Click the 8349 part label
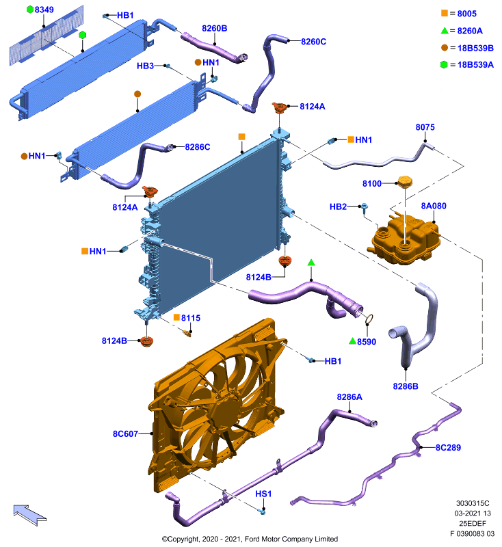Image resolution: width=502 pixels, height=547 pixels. pyautogui.click(x=44, y=10)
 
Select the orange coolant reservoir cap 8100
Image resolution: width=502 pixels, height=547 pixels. pyautogui.click(x=405, y=182)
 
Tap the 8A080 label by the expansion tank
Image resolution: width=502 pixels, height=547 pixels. pyautogui.click(x=434, y=206)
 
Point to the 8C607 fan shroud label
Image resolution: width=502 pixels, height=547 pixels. pyautogui.click(x=125, y=433)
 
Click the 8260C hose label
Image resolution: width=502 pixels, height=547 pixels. pyautogui.click(x=314, y=42)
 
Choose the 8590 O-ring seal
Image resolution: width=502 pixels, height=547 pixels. pyautogui.click(x=369, y=319)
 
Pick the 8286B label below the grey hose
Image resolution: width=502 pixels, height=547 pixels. pyautogui.click(x=406, y=386)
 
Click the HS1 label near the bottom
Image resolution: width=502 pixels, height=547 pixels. pyautogui.click(x=263, y=494)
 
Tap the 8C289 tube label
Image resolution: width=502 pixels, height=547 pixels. pyautogui.click(x=448, y=448)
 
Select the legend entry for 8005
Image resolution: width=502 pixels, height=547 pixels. pyautogui.click(x=459, y=14)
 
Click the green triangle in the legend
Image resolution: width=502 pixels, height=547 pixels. pyautogui.click(x=445, y=30)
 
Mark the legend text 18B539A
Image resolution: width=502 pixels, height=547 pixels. pyautogui.click(x=475, y=65)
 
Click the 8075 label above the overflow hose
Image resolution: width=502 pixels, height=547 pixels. pyautogui.click(x=425, y=127)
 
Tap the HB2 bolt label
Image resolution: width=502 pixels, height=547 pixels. pyautogui.click(x=338, y=207)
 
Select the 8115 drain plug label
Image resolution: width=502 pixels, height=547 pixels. pyautogui.click(x=191, y=318)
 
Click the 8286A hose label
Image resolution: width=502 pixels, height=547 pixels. pyautogui.click(x=349, y=397)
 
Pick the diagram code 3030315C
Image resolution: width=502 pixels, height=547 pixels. pyautogui.click(x=473, y=503)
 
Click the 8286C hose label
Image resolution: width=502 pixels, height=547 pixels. pyautogui.click(x=198, y=147)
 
